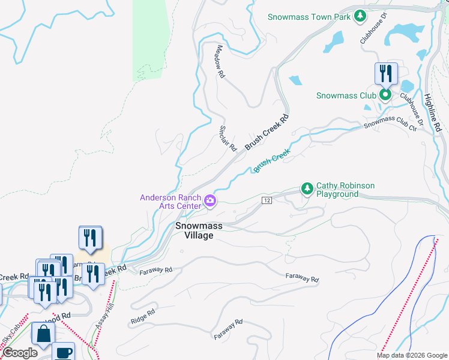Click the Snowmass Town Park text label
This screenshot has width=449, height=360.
point(309,17)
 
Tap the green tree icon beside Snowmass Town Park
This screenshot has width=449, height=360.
point(360,16)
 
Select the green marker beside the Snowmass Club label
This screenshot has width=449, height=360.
point(385,95)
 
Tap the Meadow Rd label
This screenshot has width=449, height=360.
point(220,62)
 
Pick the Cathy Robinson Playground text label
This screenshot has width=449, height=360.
point(345,190)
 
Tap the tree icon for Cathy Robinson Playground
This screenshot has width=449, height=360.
point(307,190)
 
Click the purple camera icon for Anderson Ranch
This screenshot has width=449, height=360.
point(210,201)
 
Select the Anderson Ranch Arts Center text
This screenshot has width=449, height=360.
point(170,202)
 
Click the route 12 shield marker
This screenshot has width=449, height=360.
point(267,199)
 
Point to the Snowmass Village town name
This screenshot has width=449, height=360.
point(199,230)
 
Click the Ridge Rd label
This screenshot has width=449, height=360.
point(142,317)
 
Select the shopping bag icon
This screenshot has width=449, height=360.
point(44,334)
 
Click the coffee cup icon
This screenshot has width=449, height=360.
point(63,352)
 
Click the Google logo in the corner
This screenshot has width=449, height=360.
point(20,353)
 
